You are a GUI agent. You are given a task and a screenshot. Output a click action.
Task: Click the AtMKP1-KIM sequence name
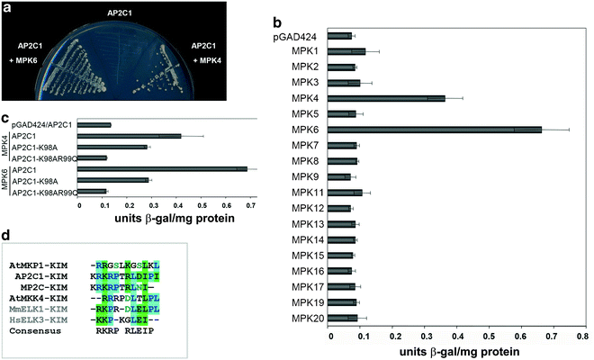tap(40, 265)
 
